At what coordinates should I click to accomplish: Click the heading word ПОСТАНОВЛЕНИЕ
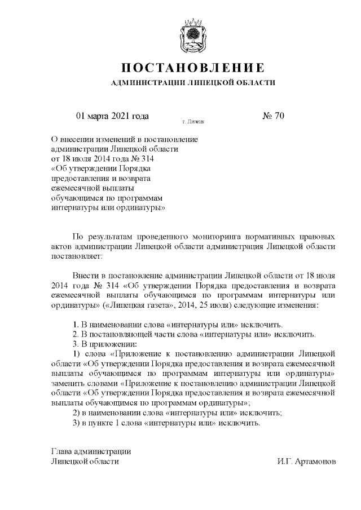(193, 68)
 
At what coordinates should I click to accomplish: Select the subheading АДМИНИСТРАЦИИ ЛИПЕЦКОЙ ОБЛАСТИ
(193, 83)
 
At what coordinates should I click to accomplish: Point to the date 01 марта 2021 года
(112, 116)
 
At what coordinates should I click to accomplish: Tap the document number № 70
(274, 116)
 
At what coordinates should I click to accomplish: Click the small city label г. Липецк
(193, 122)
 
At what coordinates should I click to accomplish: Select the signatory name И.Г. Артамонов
(306, 461)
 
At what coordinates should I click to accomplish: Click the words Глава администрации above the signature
(91, 451)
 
